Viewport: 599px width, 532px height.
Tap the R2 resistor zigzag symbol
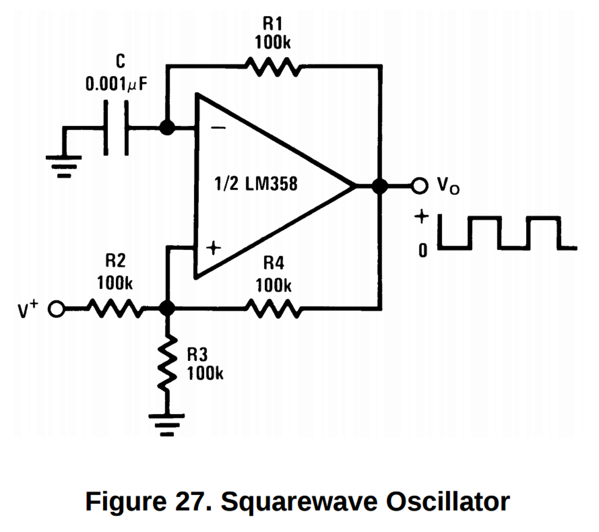[x=116, y=308]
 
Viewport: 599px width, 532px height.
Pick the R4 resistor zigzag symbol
[x=273, y=308]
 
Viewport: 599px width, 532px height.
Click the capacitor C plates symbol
[x=116, y=128]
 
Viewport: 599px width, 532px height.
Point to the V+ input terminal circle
[x=56, y=309]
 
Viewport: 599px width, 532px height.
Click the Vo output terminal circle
[x=420, y=185]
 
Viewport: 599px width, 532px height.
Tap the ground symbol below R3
[x=167, y=425]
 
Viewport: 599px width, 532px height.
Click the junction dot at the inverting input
[x=167, y=127]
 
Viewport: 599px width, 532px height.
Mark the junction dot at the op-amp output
[x=380, y=186]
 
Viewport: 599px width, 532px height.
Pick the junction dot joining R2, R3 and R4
[x=167, y=309]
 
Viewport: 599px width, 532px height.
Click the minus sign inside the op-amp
[x=218, y=128]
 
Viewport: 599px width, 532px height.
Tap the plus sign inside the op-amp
[x=214, y=248]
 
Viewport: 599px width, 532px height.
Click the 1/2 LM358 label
[x=256, y=183]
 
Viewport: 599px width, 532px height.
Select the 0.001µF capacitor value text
[x=116, y=84]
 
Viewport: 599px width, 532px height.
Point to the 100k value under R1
[x=273, y=42]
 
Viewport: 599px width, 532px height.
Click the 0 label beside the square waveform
[x=423, y=250]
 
